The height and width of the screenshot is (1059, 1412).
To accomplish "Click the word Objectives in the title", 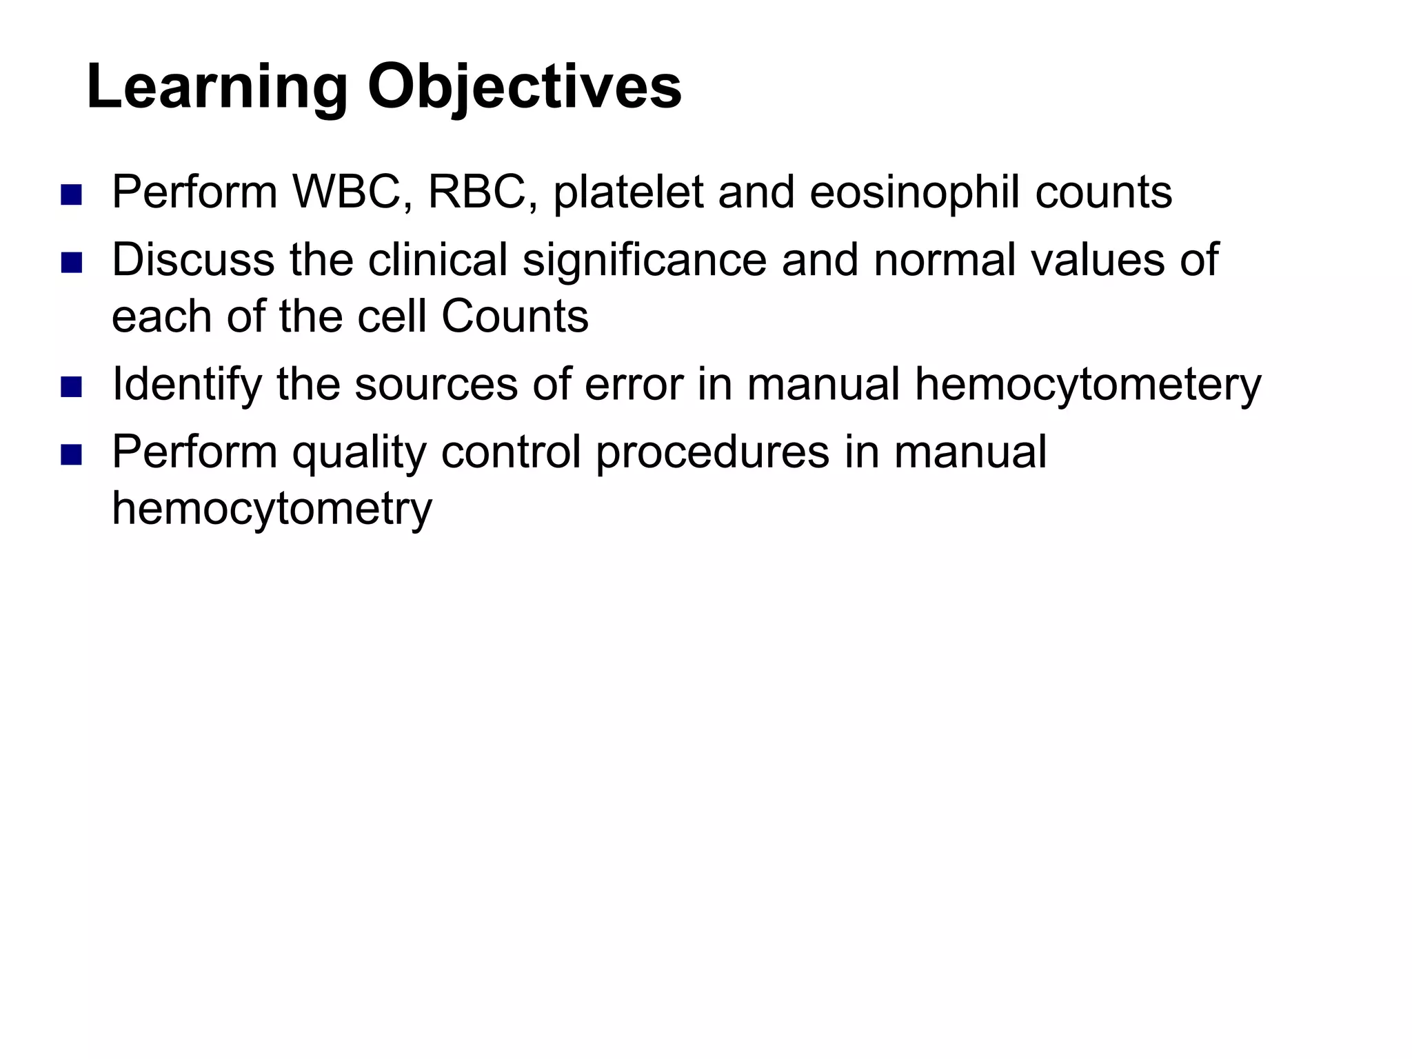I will pyautogui.click(x=524, y=88).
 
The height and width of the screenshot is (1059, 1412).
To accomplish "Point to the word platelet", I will pyautogui.click(x=628, y=192).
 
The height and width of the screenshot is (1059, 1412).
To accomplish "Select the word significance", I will pyautogui.click(x=644, y=260).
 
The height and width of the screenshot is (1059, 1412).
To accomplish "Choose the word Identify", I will pyautogui.click(x=187, y=384).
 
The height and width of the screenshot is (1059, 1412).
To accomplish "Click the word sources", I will pyautogui.click(x=436, y=384).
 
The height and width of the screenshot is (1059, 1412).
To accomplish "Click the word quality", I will pyautogui.click(x=359, y=453).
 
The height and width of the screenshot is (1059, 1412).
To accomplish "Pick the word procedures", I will pyautogui.click(x=712, y=453).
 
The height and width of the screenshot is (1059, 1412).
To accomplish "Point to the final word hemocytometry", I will pyautogui.click(x=272, y=509).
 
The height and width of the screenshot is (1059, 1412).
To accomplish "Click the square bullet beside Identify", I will pyautogui.click(x=71, y=387).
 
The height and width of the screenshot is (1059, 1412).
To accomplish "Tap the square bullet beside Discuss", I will pyautogui.click(x=71, y=263).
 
